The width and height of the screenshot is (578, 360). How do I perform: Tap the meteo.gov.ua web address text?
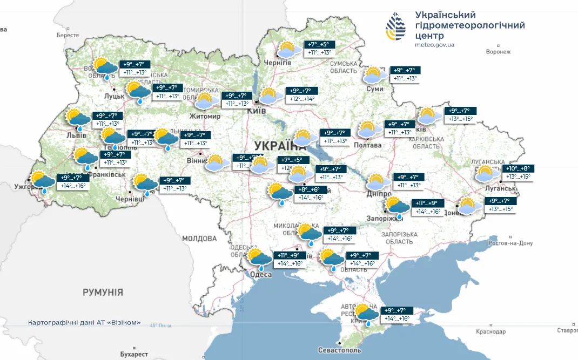435,45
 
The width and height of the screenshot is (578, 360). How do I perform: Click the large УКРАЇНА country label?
280,146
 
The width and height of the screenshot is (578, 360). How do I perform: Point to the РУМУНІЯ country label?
103,292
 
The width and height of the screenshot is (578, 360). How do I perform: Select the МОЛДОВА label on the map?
199,238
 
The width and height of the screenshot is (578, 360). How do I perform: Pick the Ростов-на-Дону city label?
510,243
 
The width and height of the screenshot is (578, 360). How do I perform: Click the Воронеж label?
498,52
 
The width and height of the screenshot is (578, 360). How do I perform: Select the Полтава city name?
367,145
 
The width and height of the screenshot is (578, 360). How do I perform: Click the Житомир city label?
205,116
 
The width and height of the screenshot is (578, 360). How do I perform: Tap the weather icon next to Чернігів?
287,50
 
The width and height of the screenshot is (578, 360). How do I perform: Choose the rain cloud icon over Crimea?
367,314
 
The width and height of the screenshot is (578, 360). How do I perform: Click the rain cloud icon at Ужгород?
43,181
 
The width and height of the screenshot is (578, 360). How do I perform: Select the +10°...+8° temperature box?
517,168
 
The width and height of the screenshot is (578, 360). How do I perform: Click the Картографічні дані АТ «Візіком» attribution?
84,323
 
